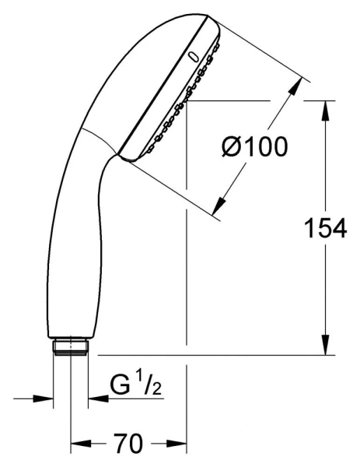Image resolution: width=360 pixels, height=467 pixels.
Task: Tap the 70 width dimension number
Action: click(x=129, y=444)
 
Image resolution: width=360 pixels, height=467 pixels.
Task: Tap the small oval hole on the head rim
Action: click(x=191, y=56)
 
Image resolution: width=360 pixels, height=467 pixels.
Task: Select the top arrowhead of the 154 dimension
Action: click(x=323, y=109)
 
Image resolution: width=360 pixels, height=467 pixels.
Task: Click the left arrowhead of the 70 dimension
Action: click(x=77, y=445)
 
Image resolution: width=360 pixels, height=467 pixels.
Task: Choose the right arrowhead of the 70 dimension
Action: click(x=180, y=445)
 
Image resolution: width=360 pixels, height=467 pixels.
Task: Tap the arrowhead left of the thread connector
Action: click(x=45, y=399)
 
